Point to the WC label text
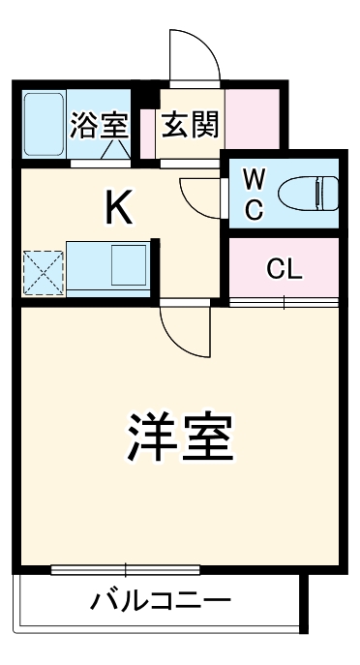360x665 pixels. [253, 193]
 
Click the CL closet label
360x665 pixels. [285, 269]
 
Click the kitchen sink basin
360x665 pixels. [127, 264]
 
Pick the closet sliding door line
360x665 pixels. [285, 304]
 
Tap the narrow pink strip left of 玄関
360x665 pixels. [147, 131]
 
